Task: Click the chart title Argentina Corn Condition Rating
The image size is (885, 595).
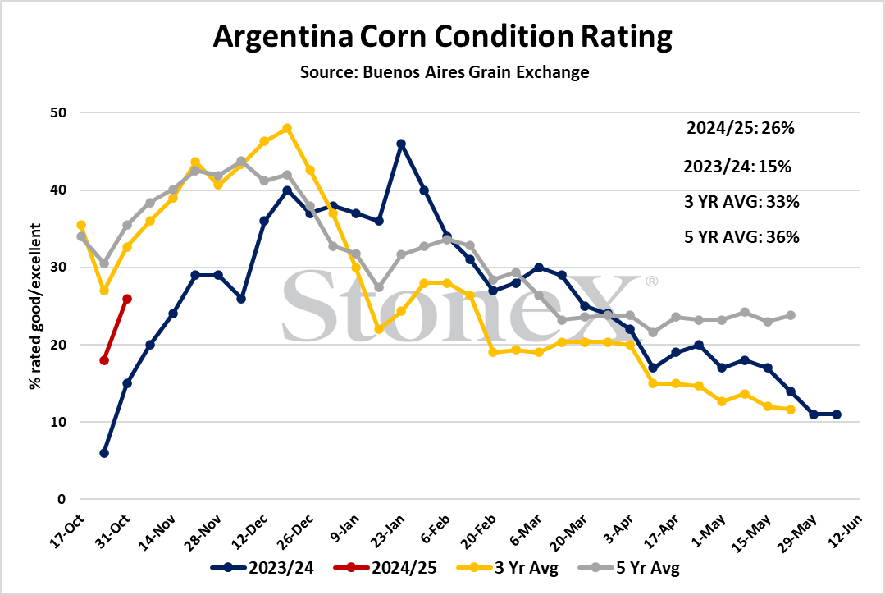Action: click(x=443, y=37)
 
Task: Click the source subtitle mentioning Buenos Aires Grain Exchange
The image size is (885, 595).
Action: click(x=445, y=72)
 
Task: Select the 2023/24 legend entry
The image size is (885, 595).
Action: click(x=262, y=567)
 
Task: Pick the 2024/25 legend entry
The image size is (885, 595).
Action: click(x=385, y=567)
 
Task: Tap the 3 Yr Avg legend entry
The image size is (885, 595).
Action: click(x=507, y=567)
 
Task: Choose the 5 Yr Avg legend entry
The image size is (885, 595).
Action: click(x=629, y=567)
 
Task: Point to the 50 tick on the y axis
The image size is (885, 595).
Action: click(x=58, y=112)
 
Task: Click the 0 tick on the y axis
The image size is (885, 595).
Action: click(x=62, y=499)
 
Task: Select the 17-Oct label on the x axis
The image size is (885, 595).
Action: click(x=67, y=531)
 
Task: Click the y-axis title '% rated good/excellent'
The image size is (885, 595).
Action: click(x=35, y=306)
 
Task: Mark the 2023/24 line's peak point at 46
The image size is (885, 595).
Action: click(x=401, y=144)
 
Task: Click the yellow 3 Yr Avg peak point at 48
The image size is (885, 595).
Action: click(x=287, y=128)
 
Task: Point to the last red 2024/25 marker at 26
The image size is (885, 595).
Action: click(x=127, y=299)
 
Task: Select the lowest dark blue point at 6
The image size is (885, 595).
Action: click(x=104, y=453)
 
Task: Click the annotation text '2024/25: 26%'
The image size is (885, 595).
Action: click(x=741, y=128)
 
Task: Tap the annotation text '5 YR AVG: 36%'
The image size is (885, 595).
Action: click(x=741, y=237)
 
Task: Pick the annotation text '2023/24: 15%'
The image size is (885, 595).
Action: click(x=737, y=167)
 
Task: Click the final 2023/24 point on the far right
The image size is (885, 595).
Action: click(x=837, y=414)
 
